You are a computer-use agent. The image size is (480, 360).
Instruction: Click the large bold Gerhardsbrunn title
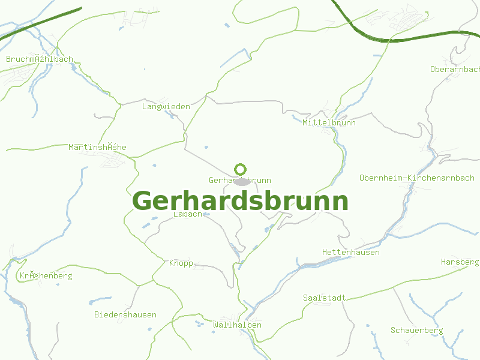[x=240, y=201]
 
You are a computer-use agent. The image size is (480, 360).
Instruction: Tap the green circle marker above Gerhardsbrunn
[x=241, y=169]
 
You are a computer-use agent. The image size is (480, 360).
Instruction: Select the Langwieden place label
[x=166, y=107]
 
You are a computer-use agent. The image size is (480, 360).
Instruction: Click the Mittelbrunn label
[x=329, y=122]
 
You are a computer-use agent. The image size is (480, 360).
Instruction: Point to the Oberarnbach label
[x=454, y=69]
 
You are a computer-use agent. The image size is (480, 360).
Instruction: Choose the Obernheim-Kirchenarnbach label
[x=416, y=178]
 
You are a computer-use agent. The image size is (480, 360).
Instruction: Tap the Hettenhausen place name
[x=350, y=252]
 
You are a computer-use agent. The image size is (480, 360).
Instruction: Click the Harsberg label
[x=460, y=262]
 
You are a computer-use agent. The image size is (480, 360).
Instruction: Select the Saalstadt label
[x=325, y=298]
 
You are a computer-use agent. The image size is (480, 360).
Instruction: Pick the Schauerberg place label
[x=416, y=330]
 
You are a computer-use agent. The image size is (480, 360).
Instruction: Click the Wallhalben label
[x=237, y=325]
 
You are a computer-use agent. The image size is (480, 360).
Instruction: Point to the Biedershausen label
[x=125, y=314]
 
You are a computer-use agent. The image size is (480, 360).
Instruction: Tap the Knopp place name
[x=181, y=263]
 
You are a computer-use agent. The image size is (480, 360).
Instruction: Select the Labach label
[x=187, y=214]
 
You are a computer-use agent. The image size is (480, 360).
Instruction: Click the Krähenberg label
[x=46, y=276]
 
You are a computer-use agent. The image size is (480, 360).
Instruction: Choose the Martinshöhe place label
[x=97, y=147]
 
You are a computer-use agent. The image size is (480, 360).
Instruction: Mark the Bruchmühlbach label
[x=39, y=59]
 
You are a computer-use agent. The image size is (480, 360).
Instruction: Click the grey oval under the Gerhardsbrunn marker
[x=241, y=182]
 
